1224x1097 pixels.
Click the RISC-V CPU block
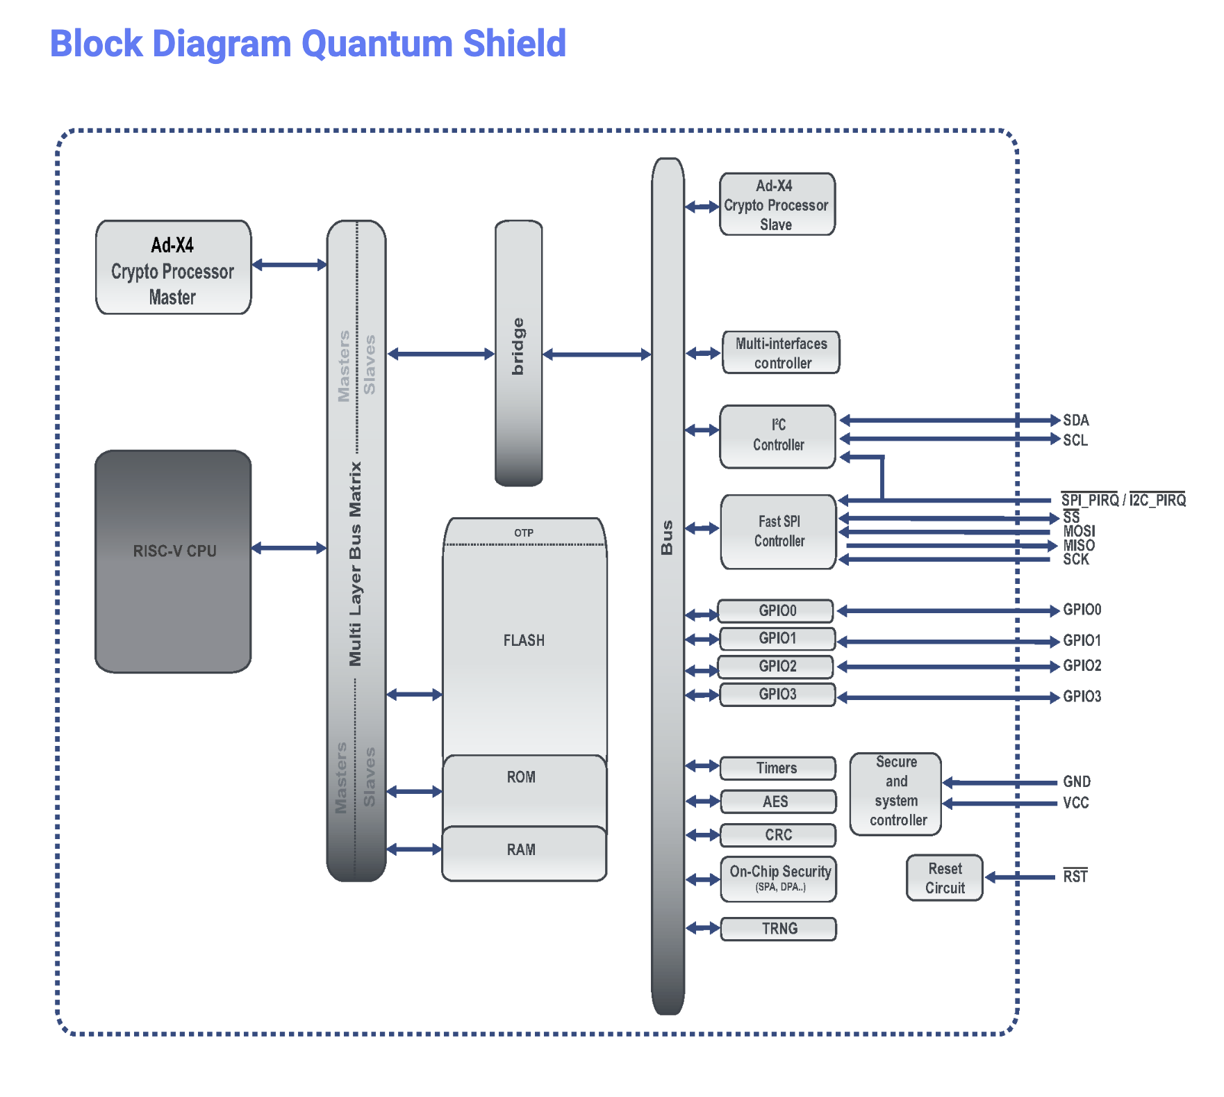coord(173,561)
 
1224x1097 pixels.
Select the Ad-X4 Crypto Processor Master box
coord(173,268)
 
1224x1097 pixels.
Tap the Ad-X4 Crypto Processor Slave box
coord(777,204)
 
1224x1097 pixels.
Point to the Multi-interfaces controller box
coord(781,352)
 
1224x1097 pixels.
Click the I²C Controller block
coord(777,436)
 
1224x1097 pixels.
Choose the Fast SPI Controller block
coord(778,532)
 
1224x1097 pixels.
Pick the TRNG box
coord(778,929)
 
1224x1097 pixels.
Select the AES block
coord(777,802)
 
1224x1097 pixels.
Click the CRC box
coord(777,835)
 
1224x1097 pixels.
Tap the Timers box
coord(777,768)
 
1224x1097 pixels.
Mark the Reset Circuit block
coord(944,878)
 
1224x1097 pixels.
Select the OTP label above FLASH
coord(524,533)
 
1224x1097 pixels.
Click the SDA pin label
coord(1075,421)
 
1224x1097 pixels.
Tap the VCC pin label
coord(1075,803)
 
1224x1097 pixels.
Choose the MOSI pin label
coord(1078,531)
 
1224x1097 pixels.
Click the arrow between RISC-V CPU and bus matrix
coord(289,548)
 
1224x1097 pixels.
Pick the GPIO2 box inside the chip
coord(776,667)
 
